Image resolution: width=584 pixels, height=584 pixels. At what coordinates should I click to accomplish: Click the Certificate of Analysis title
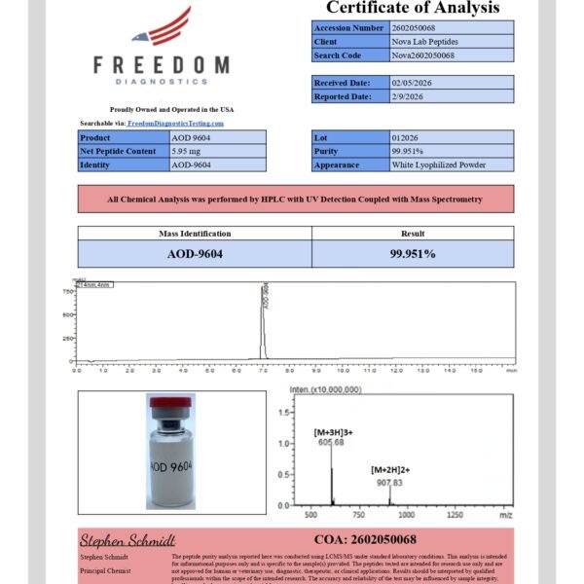click(413, 9)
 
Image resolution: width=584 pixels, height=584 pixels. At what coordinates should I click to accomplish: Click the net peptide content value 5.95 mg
click(188, 151)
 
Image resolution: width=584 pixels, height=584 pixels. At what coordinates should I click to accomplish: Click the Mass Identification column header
click(195, 234)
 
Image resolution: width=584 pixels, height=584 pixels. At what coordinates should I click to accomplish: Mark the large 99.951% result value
click(412, 253)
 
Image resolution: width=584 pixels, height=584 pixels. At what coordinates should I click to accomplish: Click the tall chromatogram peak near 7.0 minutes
click(263, 321)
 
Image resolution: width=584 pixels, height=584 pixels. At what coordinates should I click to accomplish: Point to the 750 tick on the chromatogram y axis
click(67, 290)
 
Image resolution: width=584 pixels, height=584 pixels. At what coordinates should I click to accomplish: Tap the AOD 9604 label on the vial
click(171, 466)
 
